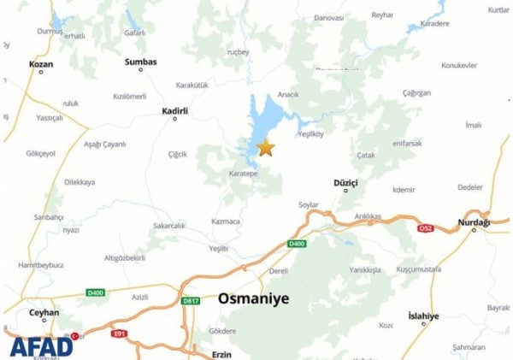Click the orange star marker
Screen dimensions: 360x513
pos(266,148)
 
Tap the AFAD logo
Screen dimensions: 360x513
pos(41,346)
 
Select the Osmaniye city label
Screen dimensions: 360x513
pos(254,298)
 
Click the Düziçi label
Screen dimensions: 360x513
pos(345,183)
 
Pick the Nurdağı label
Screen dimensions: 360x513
pos(474,222)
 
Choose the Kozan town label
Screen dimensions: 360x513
pos(41,64)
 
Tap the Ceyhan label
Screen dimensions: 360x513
pos(44,313)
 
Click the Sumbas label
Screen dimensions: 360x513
pos(140,62)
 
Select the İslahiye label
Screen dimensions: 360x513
pos(423,316)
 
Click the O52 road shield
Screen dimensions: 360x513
pos(425,228)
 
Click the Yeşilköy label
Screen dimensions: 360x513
pos(311,133)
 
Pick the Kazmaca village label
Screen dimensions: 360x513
pos(226,221)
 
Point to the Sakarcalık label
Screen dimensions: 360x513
pos(168,225)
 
